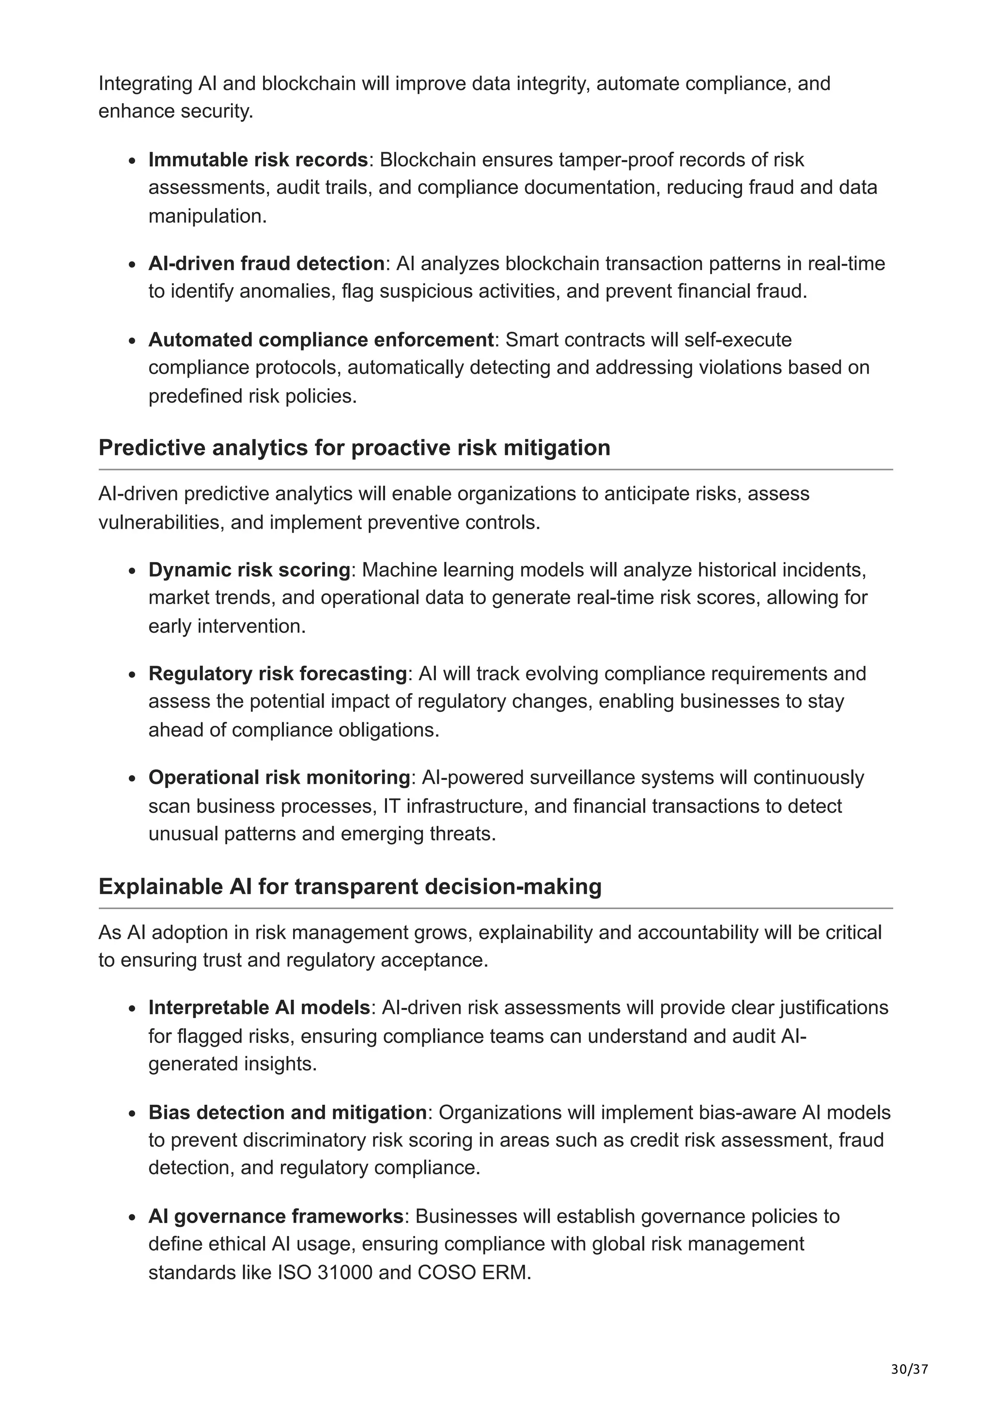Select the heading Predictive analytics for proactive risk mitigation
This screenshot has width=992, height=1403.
(354, 448)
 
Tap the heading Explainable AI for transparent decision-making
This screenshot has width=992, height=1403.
(350, 886)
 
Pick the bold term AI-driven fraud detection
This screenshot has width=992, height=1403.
(266, 263)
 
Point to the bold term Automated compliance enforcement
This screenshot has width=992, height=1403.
(321, 340)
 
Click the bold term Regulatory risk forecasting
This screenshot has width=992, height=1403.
(278, 673)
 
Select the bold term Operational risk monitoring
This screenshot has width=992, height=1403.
(279, 778)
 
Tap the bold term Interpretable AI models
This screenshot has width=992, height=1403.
(259, 1007)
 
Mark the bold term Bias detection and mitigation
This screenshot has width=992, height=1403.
(287, 1112)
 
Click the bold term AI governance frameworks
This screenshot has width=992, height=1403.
(276, 1216)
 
